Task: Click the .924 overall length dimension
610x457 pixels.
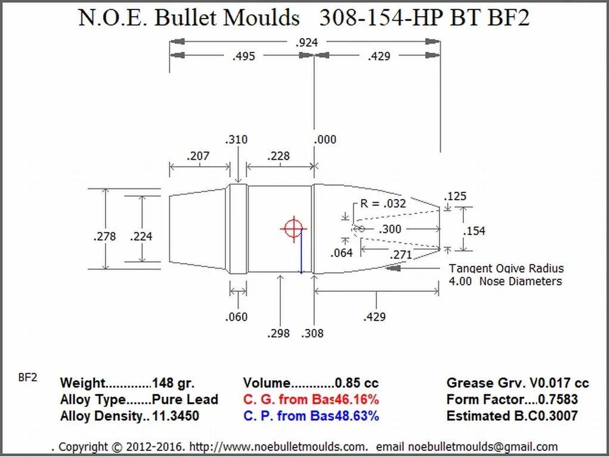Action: click(307, 42)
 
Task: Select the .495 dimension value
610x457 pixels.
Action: click(243, 56)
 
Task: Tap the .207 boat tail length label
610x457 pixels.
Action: click(198, 156)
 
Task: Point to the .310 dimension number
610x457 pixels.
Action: click(236, 140)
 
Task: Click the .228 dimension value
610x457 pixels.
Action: click(278, 156)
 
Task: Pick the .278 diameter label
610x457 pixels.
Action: click(105, 237)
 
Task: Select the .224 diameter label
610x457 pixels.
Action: click(141, 237)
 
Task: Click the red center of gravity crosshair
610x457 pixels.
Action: click(293, 228)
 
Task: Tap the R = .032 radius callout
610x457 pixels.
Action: click(383, 203)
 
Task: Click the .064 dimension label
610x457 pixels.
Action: click(342, 253)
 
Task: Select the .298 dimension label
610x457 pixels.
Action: click(278, 333)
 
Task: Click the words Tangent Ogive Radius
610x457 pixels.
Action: click(506, 269)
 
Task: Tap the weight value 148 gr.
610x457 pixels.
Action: click(173, 383)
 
